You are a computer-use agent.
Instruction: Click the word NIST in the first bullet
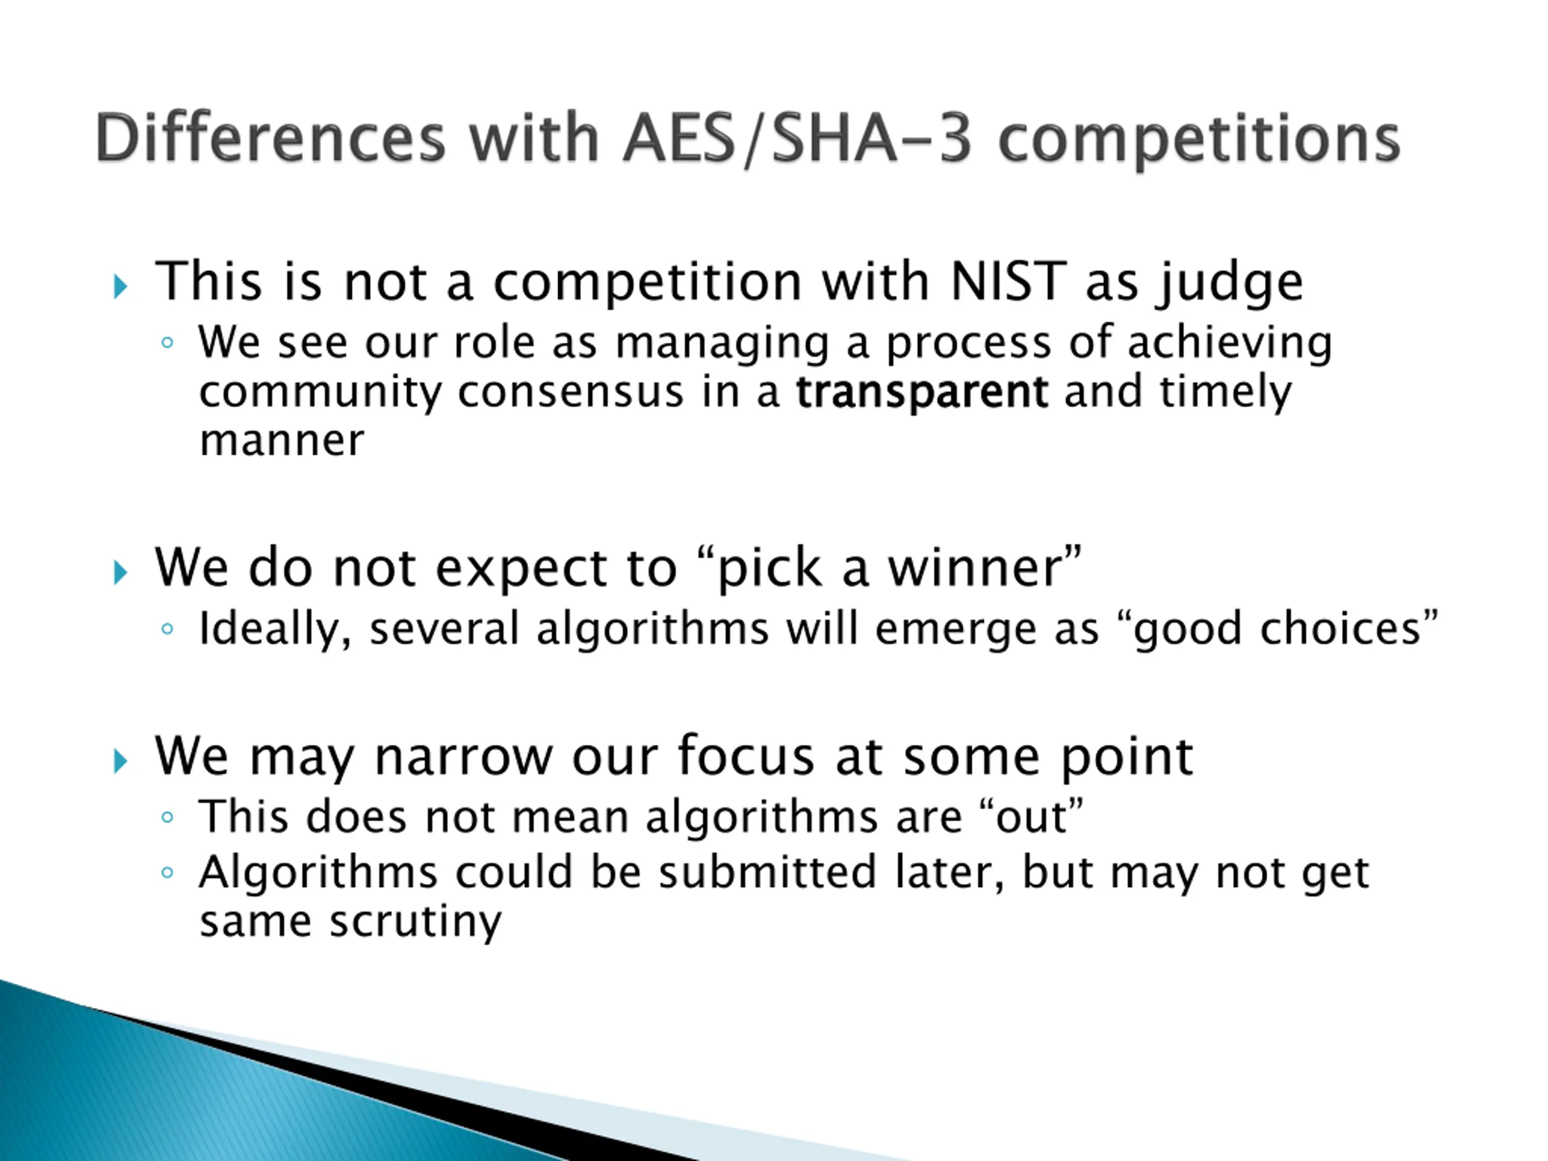point(1009,281)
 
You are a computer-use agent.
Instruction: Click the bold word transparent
point(922,393)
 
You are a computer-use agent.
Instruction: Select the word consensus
point(570,392)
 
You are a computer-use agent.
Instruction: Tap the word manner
point(282,441)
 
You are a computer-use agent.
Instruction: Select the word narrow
point(464,757)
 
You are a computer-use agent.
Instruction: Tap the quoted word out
point(1032,818)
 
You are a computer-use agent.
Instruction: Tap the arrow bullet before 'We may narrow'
point(120,761)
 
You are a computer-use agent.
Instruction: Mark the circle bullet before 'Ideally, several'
point(166,628)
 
